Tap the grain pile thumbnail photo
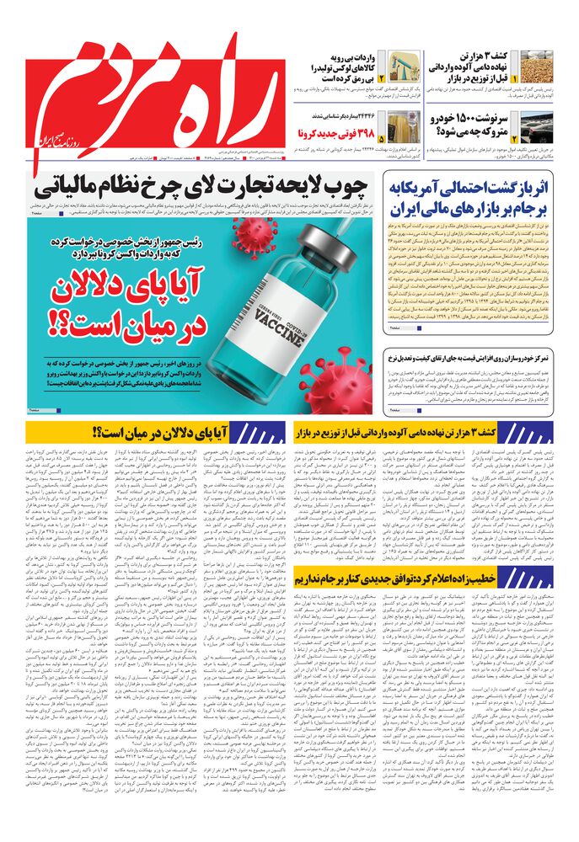click(x=536, y=67)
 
